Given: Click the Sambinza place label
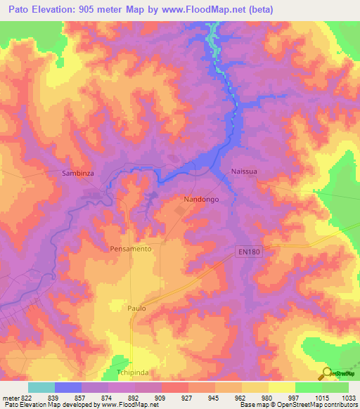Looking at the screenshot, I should pos(77,172).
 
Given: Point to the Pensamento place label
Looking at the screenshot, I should pos(131,249).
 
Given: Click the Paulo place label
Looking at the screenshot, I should pos(136,308).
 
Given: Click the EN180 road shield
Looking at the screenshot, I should pos(247,252).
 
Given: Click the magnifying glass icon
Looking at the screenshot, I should pos(327,374).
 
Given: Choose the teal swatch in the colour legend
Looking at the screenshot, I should pos(41,387).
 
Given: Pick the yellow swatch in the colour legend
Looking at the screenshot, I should pos(281,387).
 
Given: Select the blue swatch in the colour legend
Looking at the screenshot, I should pos(68,387).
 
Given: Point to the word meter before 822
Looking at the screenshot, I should pos(10,397).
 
